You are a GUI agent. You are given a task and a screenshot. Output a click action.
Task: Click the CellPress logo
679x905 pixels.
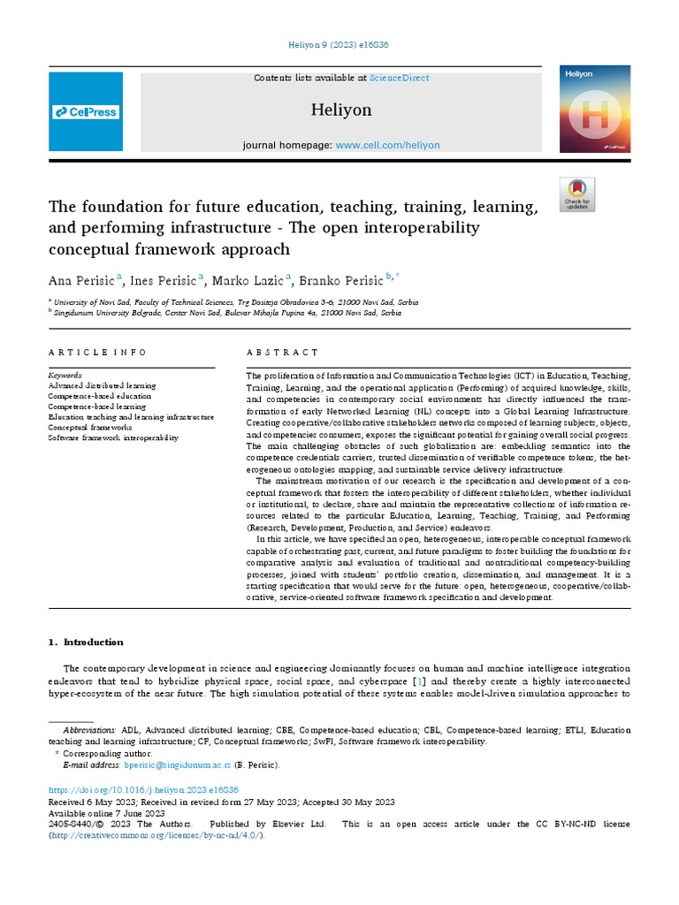[86, 112]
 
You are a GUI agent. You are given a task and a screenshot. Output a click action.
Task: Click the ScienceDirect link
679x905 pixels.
[400, 78]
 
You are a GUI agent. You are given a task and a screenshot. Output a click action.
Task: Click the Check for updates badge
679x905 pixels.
[577, 194]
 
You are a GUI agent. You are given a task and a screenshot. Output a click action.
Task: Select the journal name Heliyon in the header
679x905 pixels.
[341, 110]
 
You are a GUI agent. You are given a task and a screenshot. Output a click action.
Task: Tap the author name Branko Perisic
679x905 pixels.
[340, 281]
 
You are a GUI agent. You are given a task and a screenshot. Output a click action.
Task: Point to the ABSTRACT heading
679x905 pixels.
[283, 352]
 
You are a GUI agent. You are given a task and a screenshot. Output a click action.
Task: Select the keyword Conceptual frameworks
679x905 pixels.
[89, 426]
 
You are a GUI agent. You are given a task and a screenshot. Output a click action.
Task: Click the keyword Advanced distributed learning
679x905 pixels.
[102, 385]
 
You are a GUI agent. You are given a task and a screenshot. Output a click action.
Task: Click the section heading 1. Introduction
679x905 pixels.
[86, 642]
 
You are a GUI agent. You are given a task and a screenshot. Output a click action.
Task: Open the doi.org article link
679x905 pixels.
[142, 789]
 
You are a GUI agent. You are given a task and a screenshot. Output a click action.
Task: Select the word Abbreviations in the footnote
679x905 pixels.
[89, 730]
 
